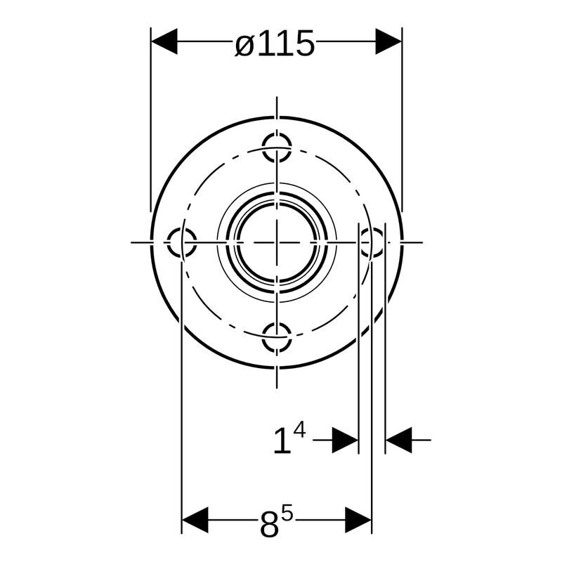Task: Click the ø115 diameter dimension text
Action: coord(275,44)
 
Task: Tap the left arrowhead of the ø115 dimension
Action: coord(164,41)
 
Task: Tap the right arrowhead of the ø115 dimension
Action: coord(388,41)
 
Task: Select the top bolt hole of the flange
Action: coord(277,148)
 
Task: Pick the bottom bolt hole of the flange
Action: coord(277,337)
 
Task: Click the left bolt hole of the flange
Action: coord(182,242)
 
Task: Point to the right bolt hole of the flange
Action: coord(372,242)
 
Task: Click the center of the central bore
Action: coord(277,242)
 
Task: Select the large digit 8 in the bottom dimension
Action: coord(269,526)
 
